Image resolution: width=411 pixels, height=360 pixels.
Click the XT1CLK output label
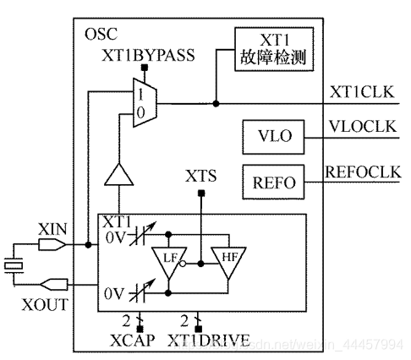pyautogui.click(x=363, y=91)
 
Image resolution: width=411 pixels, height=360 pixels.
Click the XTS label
pyautogui.click(x=200, y=177)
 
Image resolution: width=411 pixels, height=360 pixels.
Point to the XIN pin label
pyautogui.click(x=51, y=229)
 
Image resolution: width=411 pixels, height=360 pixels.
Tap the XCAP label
pyautogui.click(x=126, y=341)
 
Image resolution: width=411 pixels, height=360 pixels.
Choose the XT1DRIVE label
pyautogui.click(x=208, y=341)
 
